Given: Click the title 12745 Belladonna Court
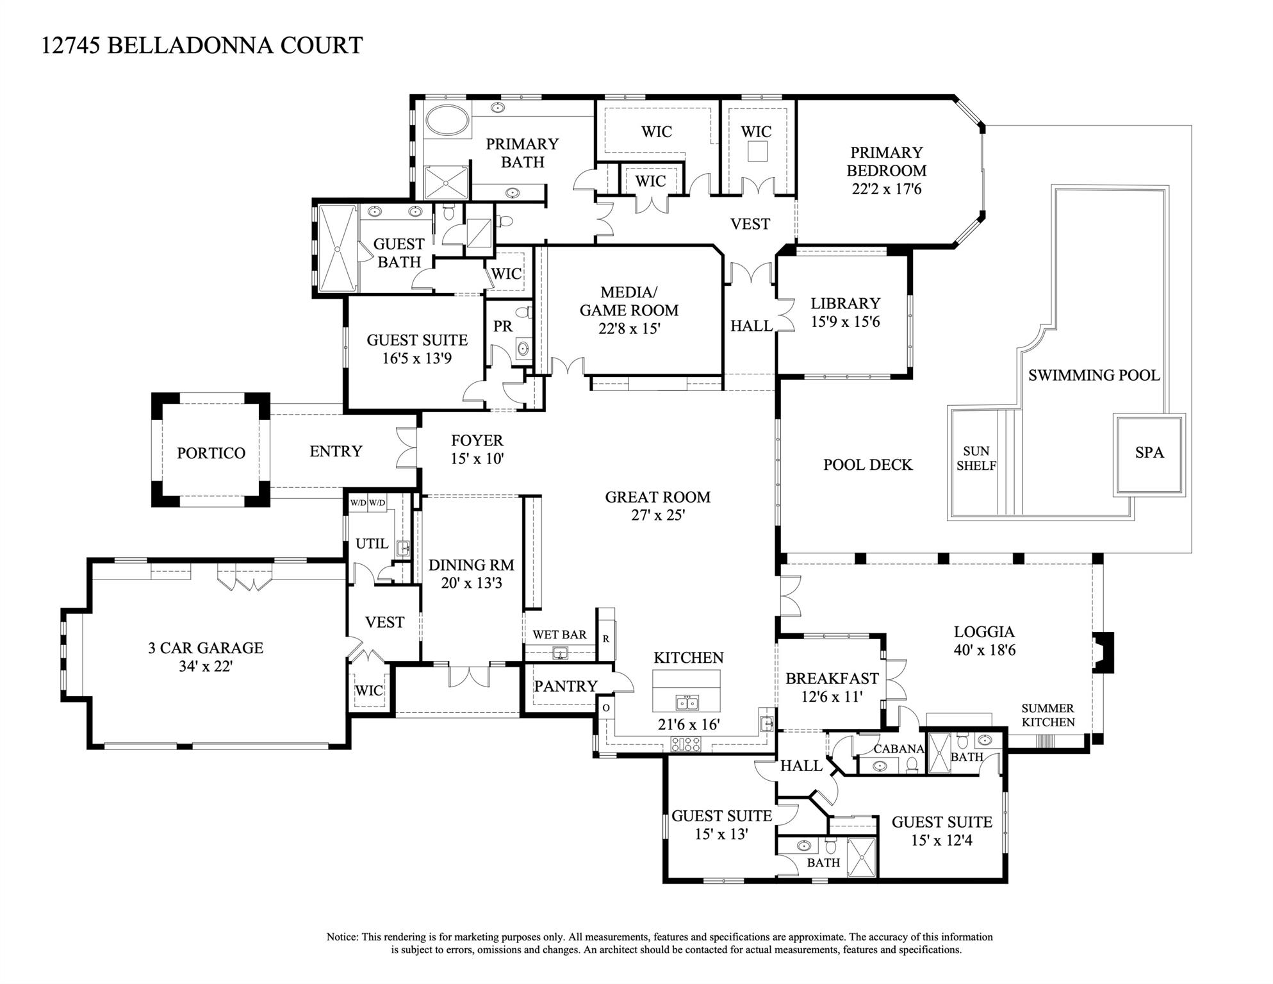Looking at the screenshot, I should pos(202,46).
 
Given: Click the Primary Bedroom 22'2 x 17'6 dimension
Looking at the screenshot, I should pos(886,189).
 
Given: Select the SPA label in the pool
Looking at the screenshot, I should pos(1149,453).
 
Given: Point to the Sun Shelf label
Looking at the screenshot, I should pos(976,458).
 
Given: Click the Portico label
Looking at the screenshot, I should pos(211,453).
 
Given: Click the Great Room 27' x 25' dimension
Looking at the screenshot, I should pos(658,515).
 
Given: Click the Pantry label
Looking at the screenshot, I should pos(565,686).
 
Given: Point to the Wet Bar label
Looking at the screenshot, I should pos(559,635).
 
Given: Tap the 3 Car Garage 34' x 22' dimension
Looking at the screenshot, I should pos(205,666).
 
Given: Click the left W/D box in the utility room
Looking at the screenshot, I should pos(357,503).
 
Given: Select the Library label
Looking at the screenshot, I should pos(845,303).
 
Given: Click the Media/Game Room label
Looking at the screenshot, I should pos(628,301).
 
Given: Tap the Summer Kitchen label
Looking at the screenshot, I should pos(1047,715).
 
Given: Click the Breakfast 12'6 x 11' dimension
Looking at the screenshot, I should pos(832,696).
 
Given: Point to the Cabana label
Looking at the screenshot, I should pos(898,749).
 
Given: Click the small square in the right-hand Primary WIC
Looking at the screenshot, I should pos(757,151).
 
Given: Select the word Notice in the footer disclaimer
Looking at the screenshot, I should pos(341,937).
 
